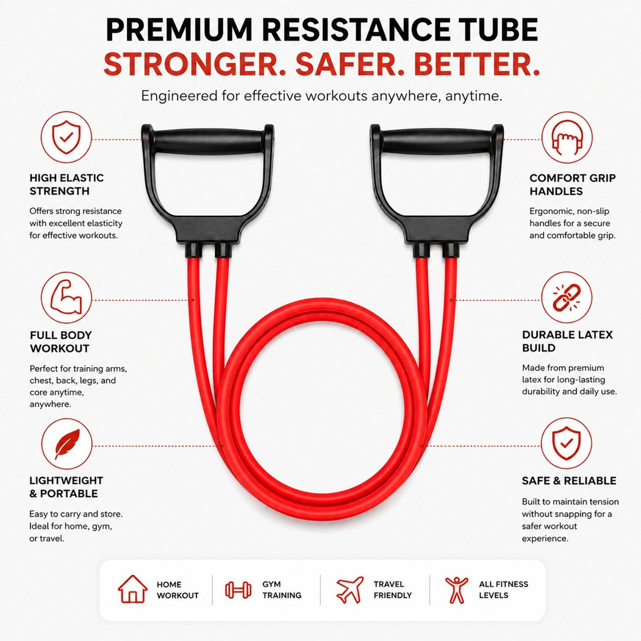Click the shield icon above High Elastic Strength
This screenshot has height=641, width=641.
66,137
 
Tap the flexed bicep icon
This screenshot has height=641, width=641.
66,297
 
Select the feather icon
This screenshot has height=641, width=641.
66,444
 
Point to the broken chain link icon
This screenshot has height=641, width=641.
567,297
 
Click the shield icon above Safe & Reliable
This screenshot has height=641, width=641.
567,443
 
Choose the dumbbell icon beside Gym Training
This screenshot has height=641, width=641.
238,590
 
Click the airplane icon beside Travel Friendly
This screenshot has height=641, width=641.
349,590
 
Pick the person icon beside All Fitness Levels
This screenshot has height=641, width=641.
457,590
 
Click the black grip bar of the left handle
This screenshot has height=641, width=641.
208,141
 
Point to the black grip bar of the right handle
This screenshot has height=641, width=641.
437,141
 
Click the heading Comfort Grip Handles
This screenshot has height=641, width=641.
572,184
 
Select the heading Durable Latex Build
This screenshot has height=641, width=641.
567,342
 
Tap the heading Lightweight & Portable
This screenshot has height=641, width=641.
66,487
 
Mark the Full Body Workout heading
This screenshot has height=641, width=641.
61,342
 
